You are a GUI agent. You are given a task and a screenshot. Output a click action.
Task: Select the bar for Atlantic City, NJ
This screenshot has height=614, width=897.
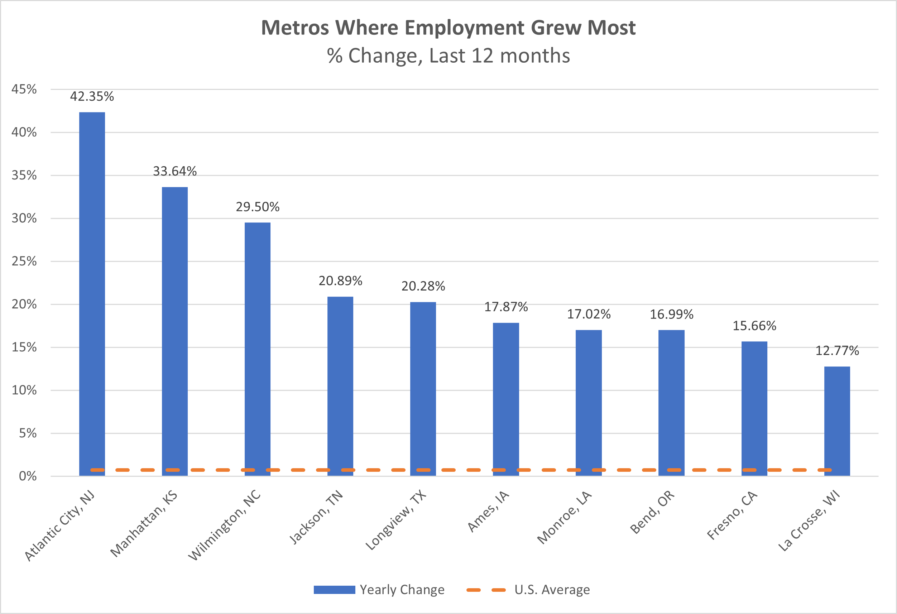pyautogui.click(x=92, y=293)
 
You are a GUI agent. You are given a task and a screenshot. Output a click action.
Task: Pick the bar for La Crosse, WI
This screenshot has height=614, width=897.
pyautogui.click(x=837, y=421)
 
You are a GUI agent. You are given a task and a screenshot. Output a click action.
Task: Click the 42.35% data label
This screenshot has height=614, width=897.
pyautogui.click(x=92, y=96)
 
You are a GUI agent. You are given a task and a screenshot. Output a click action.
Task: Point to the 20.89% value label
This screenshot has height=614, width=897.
pyautogui.click(x=340, y=281)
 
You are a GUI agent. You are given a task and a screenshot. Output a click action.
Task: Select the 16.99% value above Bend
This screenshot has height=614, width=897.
pyautogui.click(x=671, y=315)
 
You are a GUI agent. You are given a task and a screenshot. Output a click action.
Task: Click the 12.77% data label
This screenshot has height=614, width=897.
pyautogui.click(x=837, y=351)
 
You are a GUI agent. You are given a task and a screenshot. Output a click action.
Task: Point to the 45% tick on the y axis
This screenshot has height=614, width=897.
pyautogui.click(x=24, y=90)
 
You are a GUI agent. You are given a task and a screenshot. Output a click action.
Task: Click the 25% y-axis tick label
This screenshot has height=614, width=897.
pyautogui.click(x=24, y=262)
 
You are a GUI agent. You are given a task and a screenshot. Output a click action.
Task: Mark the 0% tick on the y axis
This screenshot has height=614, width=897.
pyautogui.click(x=28, y=476)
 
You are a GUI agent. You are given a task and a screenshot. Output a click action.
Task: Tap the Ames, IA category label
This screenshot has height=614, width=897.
pyautogui.click(x=489, y=511)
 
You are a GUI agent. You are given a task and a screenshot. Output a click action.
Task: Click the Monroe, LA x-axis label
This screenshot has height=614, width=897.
pyautogui.click(x=564, y=517)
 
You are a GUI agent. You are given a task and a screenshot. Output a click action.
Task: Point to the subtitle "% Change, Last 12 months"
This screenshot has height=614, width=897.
pyautogui.click(x=448, y=56)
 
